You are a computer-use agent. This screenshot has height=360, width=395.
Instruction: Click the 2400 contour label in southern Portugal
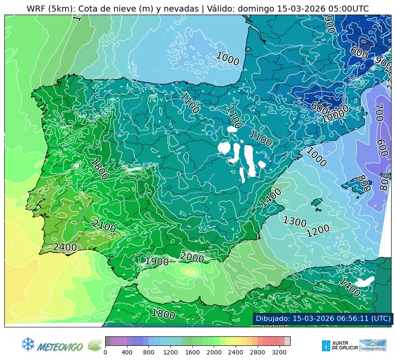[65, 247]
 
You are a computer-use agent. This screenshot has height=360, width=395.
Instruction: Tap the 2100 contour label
[104, 226]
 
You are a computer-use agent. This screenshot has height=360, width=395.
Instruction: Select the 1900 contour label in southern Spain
[157, 262]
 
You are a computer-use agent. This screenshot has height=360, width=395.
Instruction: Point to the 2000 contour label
[192, 258]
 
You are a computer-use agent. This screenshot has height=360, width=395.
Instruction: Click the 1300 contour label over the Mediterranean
[295, 222]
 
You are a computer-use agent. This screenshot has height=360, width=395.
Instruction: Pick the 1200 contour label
[318, 231]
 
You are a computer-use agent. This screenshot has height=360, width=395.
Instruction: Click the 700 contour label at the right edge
[379, 113]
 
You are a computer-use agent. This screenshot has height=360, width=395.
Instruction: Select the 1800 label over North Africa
[163, 314]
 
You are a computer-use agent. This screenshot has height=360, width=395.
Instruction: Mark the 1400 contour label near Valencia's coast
[271, 198]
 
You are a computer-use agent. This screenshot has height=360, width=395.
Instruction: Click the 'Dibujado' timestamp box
[323, 318]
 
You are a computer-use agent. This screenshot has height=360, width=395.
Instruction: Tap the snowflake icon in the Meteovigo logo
[28, 343]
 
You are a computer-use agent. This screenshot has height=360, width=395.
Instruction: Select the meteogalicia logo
[373, 345]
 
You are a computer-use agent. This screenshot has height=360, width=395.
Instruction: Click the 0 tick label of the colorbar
[105, 352]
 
